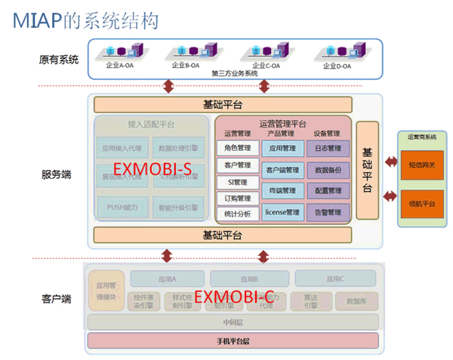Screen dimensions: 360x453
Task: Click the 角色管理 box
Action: (x=238, y=148)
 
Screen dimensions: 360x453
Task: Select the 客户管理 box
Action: (x=238, y=165)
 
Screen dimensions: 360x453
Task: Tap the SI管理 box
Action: (x=238, y=182)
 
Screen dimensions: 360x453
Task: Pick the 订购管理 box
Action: (x=238, y=198)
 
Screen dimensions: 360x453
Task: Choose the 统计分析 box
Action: (x=238, y=214)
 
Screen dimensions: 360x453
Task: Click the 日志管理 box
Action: (x=328, y=148)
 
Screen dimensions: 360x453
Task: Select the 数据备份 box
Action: (x=328, y=170)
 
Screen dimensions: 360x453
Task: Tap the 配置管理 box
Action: (x=328, y=191)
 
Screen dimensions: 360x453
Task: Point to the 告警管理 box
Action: (x=328, y=213)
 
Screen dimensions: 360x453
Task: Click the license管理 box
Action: (x=283, y=213)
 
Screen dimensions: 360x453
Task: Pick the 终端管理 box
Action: (x=283, y=191)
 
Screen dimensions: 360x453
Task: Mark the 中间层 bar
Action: (x=233, y=323)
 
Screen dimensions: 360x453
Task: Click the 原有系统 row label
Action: (x=58, y=59)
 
